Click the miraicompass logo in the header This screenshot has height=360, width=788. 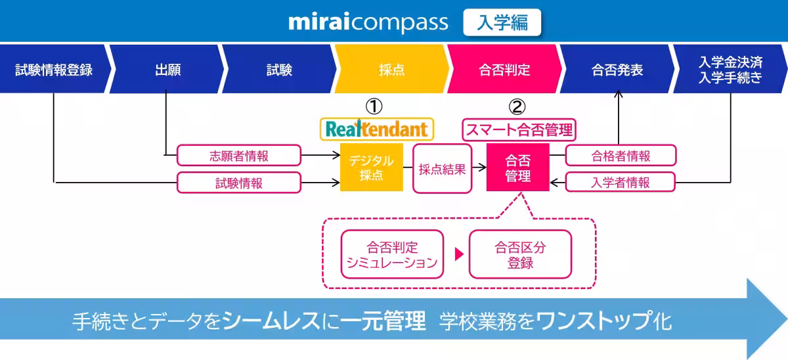coord(368,22)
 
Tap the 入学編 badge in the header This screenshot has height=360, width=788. coord(502,22)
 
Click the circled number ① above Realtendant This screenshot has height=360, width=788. coord(374,106)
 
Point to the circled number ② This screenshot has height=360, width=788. coord(518,106)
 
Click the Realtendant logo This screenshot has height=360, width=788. coord(377,129)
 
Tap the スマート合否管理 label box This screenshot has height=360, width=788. coord(519,129)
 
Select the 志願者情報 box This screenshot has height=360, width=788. coord(239,156)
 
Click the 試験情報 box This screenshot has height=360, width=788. coord(239,183)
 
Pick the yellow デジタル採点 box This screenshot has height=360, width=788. coord(371,168)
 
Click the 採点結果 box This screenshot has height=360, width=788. coord(442,169)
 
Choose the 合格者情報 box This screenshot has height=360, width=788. coord(621,156)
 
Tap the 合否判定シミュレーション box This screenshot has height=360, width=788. coord(392,255)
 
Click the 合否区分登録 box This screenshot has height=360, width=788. coord(520,255)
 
